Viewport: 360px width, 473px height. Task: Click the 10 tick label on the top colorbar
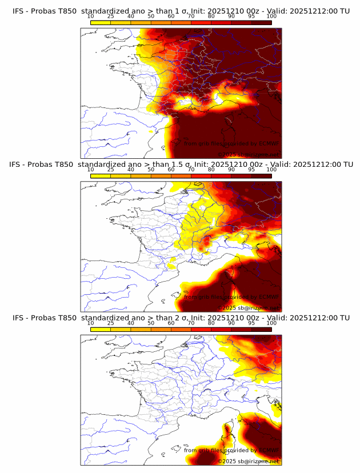[90, 16]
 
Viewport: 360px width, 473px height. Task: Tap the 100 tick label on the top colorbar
[271, 16]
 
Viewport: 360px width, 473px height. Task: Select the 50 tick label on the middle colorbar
[151, 169]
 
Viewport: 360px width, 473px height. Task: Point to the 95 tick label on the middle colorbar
[251, 169]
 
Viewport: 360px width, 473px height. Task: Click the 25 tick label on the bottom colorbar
[110, 323]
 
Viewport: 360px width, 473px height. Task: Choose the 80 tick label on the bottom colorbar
[211, 323]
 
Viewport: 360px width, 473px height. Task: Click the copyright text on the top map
[249, 155]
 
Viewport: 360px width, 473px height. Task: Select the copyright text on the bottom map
[249, 461]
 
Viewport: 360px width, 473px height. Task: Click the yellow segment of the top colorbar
[101, 22]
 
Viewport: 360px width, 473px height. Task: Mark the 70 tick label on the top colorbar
[191, 16]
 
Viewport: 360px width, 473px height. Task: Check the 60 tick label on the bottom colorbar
[171, 323]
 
